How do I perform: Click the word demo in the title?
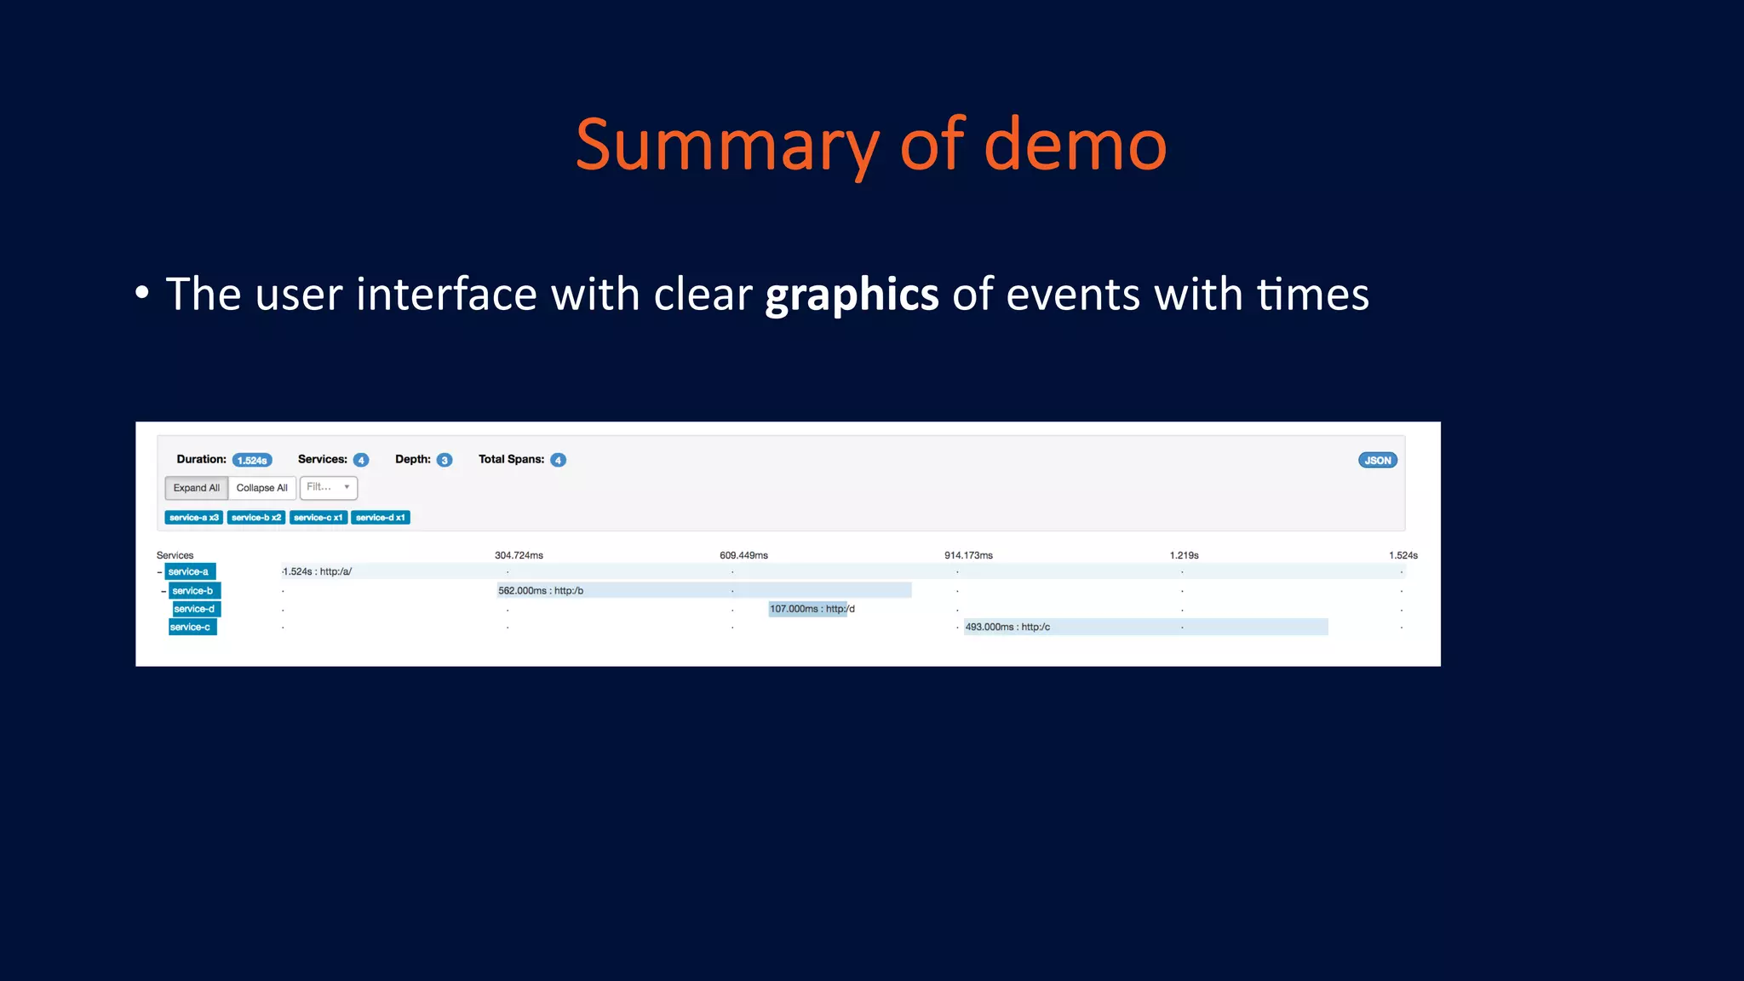point(1075,145)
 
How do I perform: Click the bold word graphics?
point(852,295)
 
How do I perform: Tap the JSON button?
point(1377,460)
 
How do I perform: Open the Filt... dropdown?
point(328,487)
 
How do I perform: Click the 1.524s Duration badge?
point(252,460)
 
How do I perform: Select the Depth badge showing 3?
point(444,460)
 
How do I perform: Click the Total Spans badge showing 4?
point(558,460)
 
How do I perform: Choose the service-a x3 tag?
point(194,517)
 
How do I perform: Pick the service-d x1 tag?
point(380,517)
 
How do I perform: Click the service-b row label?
point(193,590)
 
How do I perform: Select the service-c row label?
point(191,627)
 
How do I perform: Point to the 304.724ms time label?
point(519,555)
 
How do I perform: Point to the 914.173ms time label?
point(968,555)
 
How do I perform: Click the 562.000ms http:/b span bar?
point(703,590)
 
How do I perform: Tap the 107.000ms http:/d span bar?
point(808,609)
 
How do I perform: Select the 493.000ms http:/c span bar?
point(1145,627)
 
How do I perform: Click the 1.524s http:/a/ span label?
point(317,571)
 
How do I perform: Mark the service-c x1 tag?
point(318,517)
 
